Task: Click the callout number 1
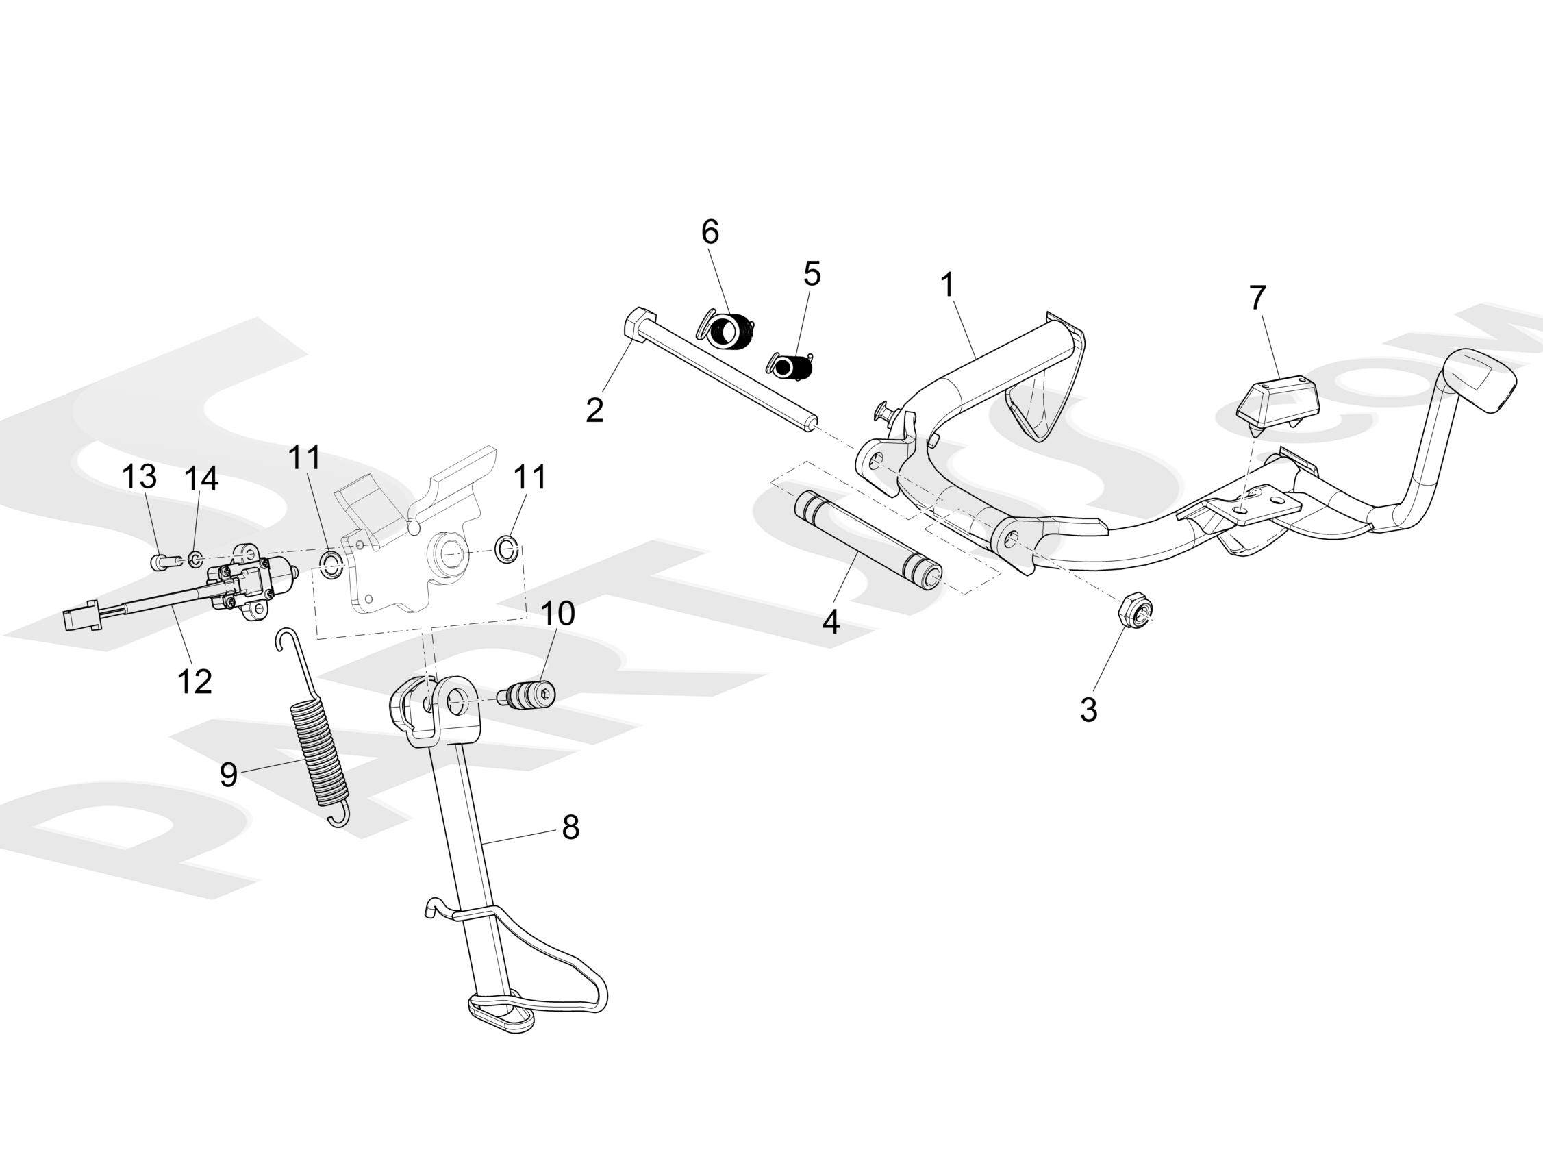point(946,285)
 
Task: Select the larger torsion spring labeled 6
point(727,330)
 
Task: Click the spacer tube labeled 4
point(867,538)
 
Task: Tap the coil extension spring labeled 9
point(318,752)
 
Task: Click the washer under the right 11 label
point(506,549)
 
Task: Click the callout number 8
point(570,827)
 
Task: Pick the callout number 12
point(194,681)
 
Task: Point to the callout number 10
point(557,613)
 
